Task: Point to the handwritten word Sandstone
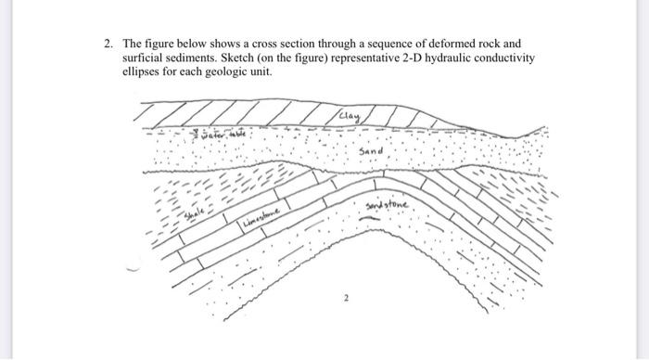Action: (x=388, y=205)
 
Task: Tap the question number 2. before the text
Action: (x=108, y=43)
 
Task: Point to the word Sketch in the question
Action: (x=251, y=58)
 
